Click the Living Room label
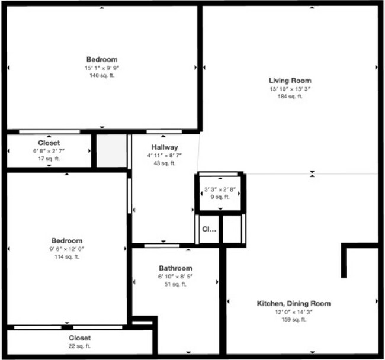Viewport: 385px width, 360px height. [x=290, y=81]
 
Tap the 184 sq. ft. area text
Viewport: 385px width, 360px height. [x=290, y=97]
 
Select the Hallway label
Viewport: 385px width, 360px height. [x=165, y=147]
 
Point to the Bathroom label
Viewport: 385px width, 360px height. [x=175, y=268]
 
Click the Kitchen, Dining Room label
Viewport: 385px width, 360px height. [x=293, y=304]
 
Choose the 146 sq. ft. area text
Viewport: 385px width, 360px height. [x=102, y=75]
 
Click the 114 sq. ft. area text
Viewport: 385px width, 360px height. [x=66, y=256]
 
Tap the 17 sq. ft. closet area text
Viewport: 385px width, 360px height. [x=49, y=159]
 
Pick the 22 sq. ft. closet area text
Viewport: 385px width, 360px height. [x=79, y=346]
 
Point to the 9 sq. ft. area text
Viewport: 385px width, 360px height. [x=220, y=197]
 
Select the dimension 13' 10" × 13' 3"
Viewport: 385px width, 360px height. [x=290, y=89]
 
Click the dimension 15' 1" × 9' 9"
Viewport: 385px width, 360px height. [x=102, y=67]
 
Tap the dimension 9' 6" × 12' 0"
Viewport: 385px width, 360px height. [x=66, y=249]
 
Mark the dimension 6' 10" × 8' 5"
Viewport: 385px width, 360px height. [x=175, y=277]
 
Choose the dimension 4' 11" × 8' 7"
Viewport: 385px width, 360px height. [x=165, y=155]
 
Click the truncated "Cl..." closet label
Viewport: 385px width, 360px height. [x=209, y=229]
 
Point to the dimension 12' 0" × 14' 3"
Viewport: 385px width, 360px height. [x=293, y=312]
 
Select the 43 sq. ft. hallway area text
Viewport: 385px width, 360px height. [x=165, y=163]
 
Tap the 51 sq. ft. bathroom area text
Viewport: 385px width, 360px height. [x=175, y=284]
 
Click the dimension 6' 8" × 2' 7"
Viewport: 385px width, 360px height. [x=49, y=151]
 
